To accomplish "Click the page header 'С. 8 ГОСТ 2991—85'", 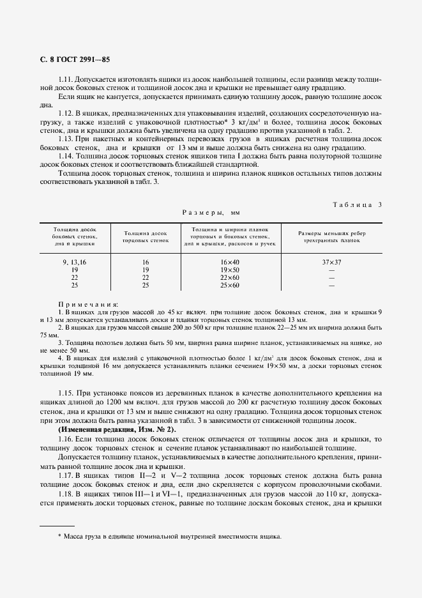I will (75, 59).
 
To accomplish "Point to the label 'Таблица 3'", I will (358, 204).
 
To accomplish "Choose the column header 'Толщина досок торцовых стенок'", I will (146, 238).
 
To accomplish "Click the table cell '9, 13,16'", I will (75, 262).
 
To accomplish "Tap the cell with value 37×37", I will (331, 262).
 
